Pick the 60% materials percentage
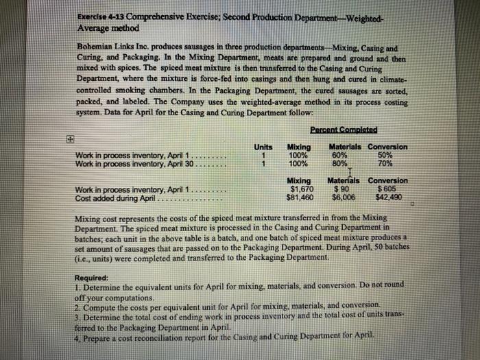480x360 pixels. [339, 155]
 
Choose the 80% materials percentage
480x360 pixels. [339, 163]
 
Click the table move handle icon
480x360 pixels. [67, 138]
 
